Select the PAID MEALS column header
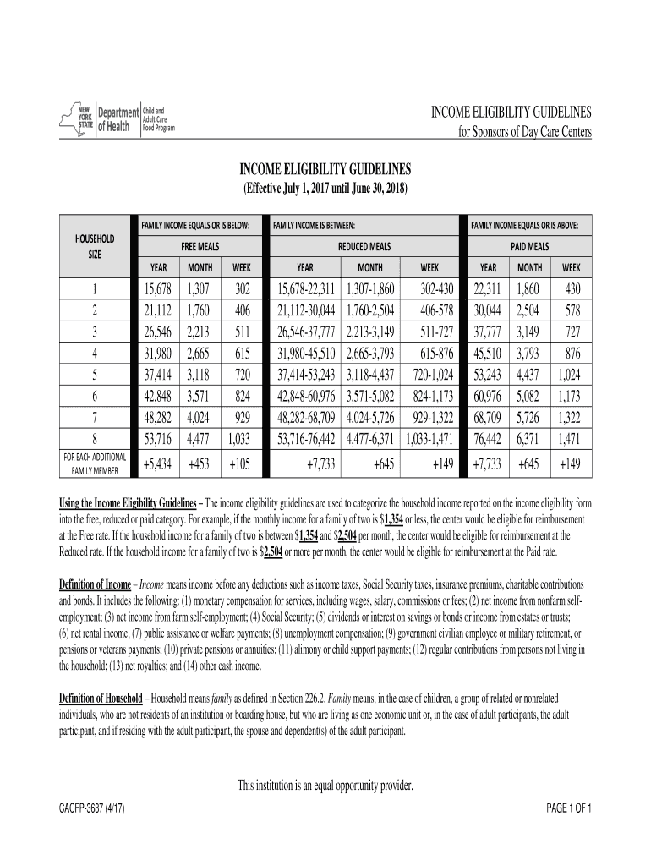point(530,246)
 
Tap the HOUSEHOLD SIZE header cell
point(95,246)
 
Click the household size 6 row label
point(95,393)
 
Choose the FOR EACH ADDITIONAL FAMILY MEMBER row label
point(95,463)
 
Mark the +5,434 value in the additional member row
point(158,463)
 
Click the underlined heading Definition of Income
point(95,585)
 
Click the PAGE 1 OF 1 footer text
point(569,808)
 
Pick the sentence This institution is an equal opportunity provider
point(325,787)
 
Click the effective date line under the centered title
point(325,190)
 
